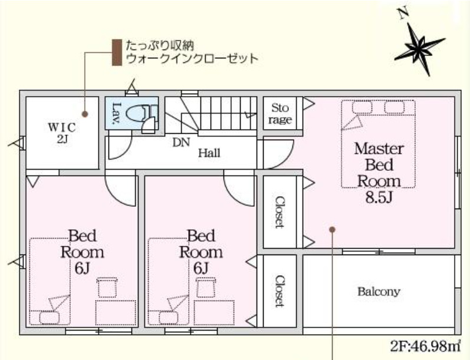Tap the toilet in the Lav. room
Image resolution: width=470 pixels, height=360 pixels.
pos(144,113)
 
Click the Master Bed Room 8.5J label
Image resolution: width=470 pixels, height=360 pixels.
pos(379,172)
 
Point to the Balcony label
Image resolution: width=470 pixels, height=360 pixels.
pos(379,291)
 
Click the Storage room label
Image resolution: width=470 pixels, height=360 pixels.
pos(280,114)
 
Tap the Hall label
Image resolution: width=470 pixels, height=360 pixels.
pos(209,153)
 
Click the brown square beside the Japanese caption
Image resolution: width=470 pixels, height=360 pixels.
pos(116,52)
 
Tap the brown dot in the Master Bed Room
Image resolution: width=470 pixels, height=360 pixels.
pos(333,229)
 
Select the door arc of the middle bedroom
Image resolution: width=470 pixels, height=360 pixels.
pos(237,189)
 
